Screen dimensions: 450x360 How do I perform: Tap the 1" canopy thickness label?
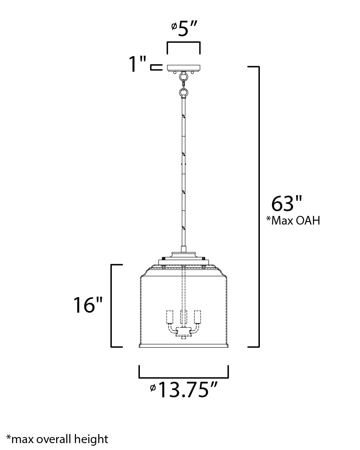[x=139, y=65]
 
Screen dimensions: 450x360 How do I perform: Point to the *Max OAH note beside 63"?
[x=293, y=221]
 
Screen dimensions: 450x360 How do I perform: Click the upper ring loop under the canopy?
[x=183, y=78]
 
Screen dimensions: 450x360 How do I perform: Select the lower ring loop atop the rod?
[x=183, y=92]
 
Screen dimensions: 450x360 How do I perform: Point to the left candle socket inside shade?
[x=169, y=317]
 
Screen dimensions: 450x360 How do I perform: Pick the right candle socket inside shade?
[x=198, y=317]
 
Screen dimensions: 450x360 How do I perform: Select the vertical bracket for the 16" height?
[x=112, y=305]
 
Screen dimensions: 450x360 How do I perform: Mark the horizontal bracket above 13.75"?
[x=183, y=372]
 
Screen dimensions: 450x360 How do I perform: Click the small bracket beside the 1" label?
[x=155, y=67]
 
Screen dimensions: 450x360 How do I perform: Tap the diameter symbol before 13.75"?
[x=153, y=387]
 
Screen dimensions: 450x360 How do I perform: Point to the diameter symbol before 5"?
[x=174, y=26]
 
